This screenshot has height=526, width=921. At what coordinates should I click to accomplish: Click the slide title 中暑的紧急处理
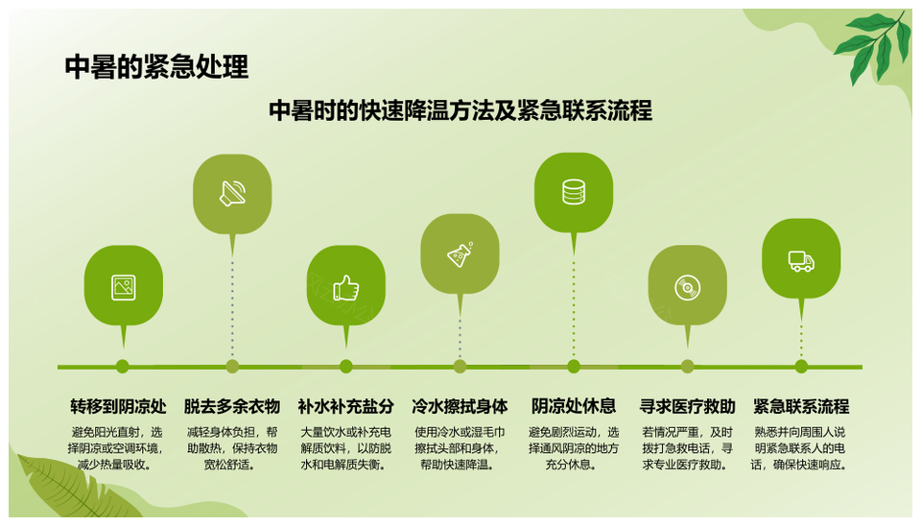(156, 67)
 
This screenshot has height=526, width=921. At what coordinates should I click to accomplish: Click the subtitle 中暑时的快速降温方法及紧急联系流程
(460, 110)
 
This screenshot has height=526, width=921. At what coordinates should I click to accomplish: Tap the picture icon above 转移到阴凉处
(124, 287)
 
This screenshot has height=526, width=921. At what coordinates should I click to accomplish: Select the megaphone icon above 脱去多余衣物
(232, 193)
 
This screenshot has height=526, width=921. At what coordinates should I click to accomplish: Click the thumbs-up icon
(346, 288)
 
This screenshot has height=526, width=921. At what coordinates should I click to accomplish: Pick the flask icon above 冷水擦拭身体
(460, 254)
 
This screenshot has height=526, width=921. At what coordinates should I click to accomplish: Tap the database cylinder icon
(574, 192)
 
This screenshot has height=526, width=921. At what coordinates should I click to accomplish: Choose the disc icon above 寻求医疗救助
(687, 288)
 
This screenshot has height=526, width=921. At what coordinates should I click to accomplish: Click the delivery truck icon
(801, 261)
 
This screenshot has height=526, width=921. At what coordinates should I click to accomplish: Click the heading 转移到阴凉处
(119, 406)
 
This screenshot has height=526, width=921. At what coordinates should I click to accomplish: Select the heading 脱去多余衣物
(232, 406)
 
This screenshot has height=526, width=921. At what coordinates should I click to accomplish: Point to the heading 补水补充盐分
(346, 406)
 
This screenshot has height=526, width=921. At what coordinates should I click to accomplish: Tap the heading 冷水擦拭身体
(460, 406)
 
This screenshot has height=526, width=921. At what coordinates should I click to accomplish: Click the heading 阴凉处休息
(574, 406)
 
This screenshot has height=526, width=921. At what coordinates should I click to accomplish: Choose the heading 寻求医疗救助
(687, 406)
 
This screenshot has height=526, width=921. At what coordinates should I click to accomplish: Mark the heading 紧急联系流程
(801, 406)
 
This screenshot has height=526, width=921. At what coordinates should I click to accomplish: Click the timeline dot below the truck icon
(801, 367)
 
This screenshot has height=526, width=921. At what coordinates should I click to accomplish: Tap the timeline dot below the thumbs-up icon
(346, 367)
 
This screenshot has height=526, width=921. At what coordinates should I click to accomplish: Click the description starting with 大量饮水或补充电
(346, 448)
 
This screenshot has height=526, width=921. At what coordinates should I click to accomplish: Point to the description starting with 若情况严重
(687, 448)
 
